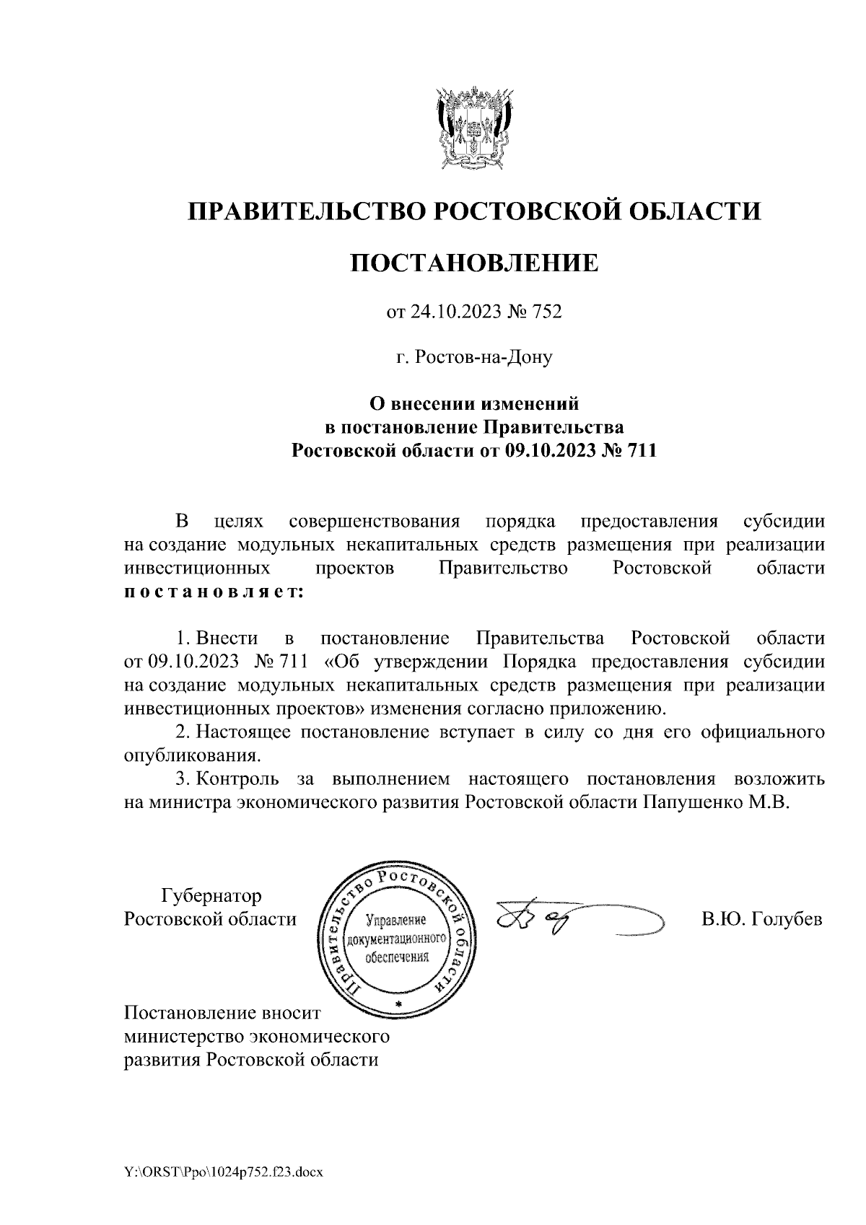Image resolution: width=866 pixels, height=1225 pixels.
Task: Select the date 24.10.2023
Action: [452, 312]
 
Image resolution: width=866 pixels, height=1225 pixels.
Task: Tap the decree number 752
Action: [546, 312]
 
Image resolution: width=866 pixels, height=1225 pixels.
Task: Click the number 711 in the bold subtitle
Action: [641, 452]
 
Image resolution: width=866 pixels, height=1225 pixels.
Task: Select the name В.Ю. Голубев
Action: [761, 920]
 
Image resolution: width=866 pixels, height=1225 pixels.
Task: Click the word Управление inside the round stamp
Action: [397, 921]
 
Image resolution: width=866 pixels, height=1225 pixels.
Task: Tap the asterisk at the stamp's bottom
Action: [398, 1004]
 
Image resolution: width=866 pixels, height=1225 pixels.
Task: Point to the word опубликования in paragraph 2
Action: [191, 756]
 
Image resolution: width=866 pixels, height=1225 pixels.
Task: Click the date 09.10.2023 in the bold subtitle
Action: [548, 452]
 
